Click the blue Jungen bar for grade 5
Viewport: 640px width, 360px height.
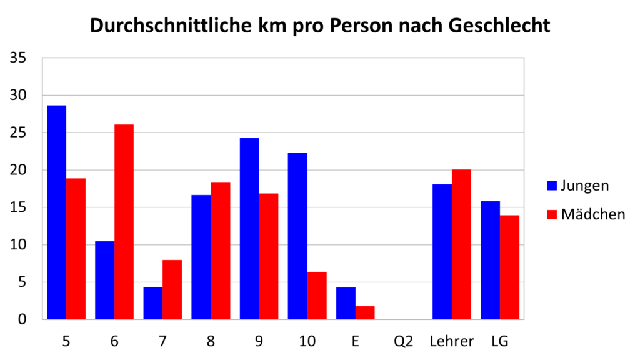click(57, 212)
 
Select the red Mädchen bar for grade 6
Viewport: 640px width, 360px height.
click(124, 222)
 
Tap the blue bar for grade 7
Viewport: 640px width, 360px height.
click(153, 303)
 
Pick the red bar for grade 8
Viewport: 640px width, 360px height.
click(221, 251)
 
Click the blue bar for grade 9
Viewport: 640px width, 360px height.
click(249, 229)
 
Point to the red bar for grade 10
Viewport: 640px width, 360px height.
click(317, 296)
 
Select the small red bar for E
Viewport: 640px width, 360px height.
click(365, 312)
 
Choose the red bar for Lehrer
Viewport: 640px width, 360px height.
click(461, 244)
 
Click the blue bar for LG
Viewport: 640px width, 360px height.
click(490, 260)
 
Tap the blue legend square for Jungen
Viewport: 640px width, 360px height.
click(552, 186)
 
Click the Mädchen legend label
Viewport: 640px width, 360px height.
click(593, 214)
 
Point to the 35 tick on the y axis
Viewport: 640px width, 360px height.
click(18, 58)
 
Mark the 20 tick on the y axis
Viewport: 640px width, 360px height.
click(18, 170)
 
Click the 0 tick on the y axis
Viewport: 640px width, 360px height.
click(22, 319)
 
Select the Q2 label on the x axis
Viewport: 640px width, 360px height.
click(404, 341)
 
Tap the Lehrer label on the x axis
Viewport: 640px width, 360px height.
click(452, 341)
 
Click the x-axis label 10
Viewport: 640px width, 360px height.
click(307, 341)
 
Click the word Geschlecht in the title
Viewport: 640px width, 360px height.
click(499, 25)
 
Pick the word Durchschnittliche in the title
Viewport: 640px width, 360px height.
click(171, 25)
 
